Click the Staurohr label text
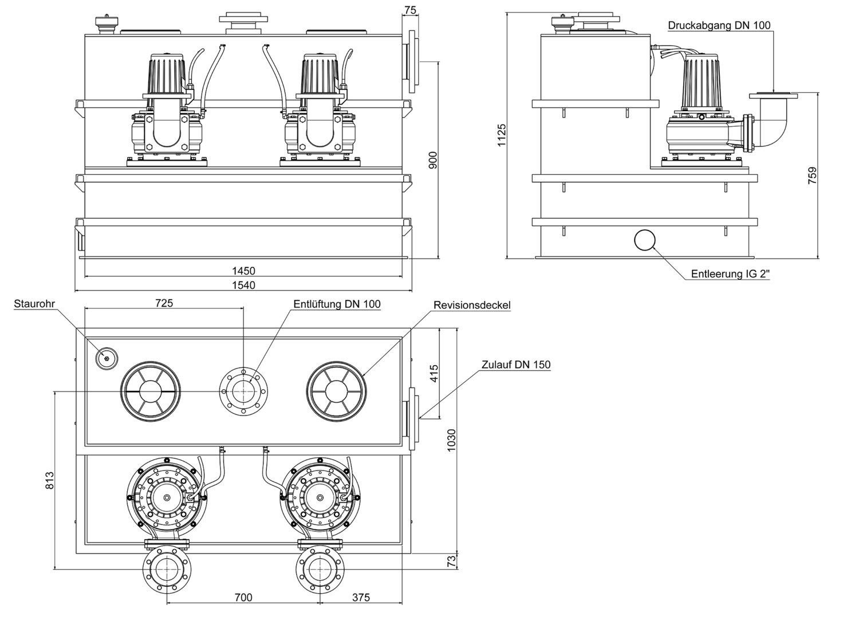point(34,304)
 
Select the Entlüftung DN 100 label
point(337,304)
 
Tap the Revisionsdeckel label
point(472,305)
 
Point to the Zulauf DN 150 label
point(516,365)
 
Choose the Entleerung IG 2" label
point(730,274)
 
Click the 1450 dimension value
point(243,271)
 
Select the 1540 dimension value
point(243,285)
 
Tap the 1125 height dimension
point(502,135)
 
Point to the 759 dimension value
point(812,175)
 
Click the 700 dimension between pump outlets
point(243,598)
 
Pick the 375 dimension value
point(361,598)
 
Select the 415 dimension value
point(434,375)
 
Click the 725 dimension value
point(164,303)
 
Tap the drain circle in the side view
point(645,240)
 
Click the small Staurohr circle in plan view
point(106,357)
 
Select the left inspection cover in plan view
point(151,391)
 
